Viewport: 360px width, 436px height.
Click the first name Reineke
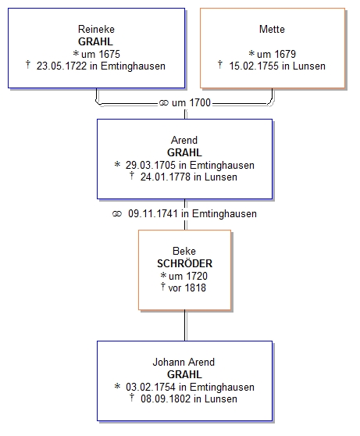coord(96,29)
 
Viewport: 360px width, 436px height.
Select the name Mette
coord(272,29)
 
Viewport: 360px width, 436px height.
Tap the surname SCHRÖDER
coord(184,263)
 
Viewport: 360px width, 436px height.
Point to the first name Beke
coord(184,251)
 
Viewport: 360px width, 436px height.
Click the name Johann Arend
coord(184,362)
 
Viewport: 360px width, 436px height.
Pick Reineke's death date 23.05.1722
coord(62,66)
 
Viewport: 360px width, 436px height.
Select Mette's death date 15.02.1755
coord(254,66)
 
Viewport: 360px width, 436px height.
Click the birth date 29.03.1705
coord(151,165)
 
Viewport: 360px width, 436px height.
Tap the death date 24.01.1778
coord(165,177)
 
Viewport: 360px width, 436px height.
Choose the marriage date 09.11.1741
coord(152,214)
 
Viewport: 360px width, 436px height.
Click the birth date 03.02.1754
coord(151,387)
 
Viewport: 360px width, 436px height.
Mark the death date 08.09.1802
coord(166,399)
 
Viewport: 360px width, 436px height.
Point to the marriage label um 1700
coord(191,103)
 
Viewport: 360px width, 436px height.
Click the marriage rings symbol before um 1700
coord(164,103)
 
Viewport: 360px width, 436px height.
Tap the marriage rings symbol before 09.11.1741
coord(117,214)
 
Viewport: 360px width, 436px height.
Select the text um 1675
coord(101,54)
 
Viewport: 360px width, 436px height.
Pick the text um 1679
coord(276,54)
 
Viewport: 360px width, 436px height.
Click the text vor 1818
coord(187,288)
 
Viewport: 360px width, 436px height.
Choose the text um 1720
coord(188,276)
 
